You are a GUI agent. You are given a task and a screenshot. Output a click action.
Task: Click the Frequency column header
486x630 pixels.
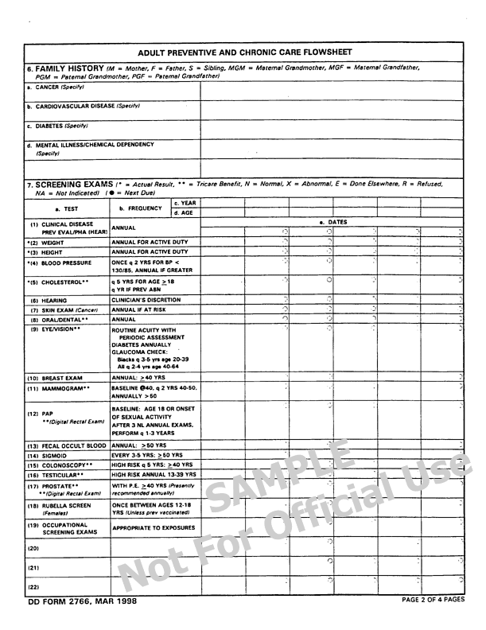tap(140, 208)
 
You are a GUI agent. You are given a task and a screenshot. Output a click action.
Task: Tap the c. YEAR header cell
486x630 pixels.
tap(185, 203)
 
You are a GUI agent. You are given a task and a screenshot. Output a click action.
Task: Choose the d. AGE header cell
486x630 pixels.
tap(185, 213)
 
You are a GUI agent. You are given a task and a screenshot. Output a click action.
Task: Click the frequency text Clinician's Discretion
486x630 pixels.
tap(146, 300)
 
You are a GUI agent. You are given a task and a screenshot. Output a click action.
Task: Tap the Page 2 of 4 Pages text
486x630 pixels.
tap(433, 600)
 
